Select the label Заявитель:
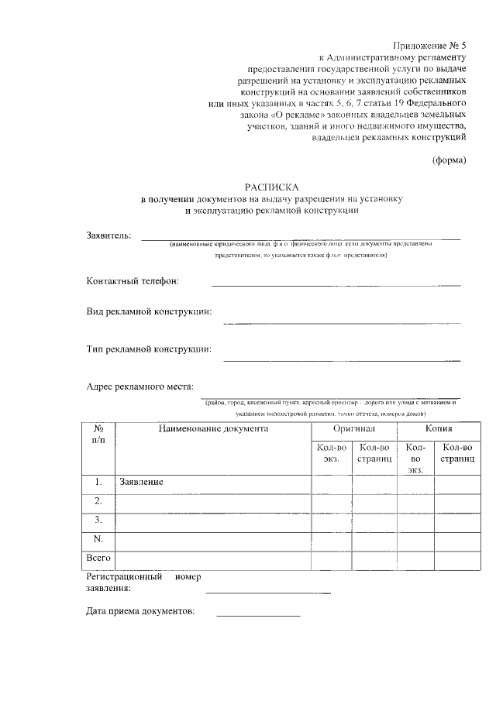pos(108,235)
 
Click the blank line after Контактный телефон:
pos(336,285)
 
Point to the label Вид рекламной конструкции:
pos(149,312)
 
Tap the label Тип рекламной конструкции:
pos(149,349)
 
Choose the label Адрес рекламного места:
pos(140,387)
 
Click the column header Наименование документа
pos(213,428)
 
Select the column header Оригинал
pos(354,428)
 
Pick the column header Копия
pos(439,428)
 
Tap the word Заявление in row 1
pos(141,483)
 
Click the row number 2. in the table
pos(99,501)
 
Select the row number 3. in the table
pos(99,519)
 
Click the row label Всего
pos(99,558)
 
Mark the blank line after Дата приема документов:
pos(258,615)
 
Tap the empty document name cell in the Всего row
pos(213,558)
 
